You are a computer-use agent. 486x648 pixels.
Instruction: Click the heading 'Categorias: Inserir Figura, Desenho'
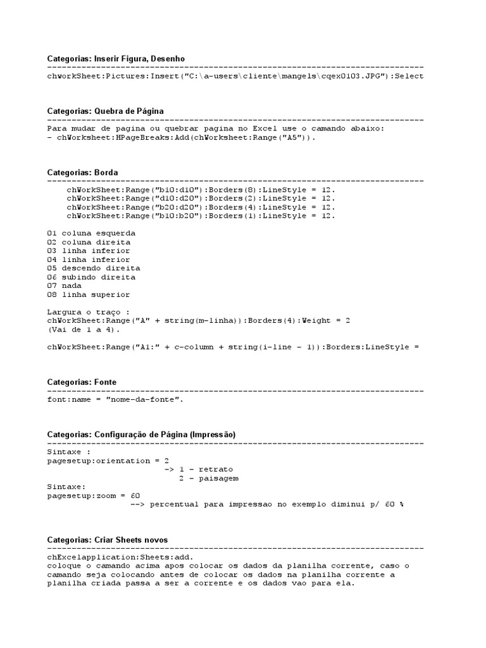click(116, 58)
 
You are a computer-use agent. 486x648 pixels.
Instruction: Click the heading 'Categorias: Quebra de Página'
click(105, 111)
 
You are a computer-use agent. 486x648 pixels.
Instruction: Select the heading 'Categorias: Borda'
click(82, 172)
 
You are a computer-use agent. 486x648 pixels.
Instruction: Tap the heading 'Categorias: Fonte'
click(82, 382)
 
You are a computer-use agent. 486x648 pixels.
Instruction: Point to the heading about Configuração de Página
click(141, 435)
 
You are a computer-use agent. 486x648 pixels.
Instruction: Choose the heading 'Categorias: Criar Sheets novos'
click(108, 540)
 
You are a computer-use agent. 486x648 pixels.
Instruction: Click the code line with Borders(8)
click(201, 190)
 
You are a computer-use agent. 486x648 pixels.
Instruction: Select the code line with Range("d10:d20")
click(201, 199)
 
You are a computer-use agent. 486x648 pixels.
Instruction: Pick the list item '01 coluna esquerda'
click(91, 233)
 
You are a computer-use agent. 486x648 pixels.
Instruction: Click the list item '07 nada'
click(64, 285)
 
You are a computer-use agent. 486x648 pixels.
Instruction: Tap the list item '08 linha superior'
click(89, 294)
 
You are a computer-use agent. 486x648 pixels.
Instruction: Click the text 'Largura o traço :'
click(89, 312)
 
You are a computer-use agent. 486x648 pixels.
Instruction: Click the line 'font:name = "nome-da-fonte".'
click(117, 400)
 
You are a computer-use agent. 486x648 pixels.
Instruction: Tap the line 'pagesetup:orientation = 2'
click(108, 461)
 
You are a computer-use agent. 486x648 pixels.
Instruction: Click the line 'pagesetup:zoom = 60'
click(94, 496)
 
